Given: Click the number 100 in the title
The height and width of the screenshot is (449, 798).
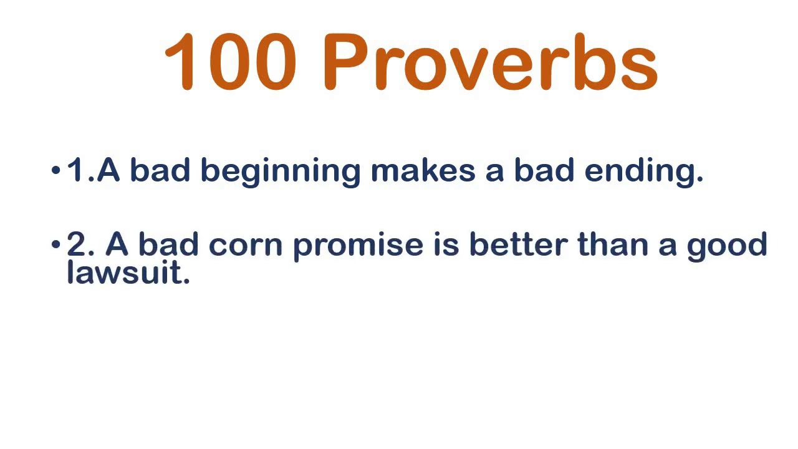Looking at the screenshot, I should click(230, 62).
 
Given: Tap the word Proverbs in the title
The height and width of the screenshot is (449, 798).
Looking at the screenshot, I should click(491, 62).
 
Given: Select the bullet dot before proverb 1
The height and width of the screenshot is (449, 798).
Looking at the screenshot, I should click(56, 170).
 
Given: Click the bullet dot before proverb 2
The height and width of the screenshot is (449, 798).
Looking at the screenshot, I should click(56, 244).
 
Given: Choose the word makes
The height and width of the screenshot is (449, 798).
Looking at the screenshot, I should click(423, 170).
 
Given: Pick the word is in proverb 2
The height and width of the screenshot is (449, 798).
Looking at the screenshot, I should click(446, 244).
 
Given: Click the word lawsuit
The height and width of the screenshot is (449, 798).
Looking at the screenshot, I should click(128, 272).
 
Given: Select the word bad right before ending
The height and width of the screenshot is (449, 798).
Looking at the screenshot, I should click(544, 170).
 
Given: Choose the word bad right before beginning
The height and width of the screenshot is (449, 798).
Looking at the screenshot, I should click(160, 170).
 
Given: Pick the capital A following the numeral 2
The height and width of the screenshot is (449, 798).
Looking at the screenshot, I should click(117, 244).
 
